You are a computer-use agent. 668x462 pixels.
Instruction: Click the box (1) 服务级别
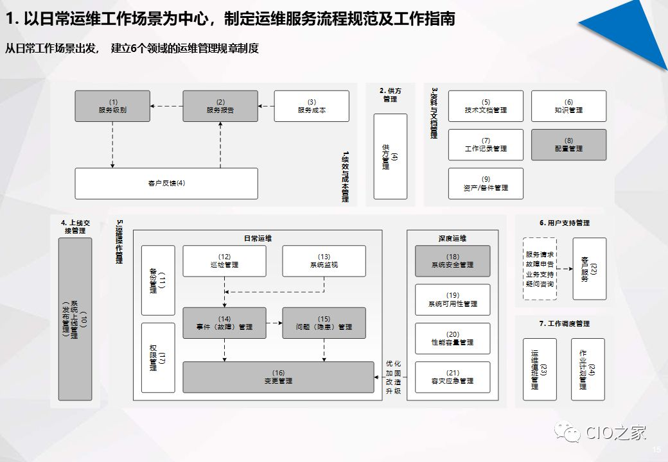pos(112,106)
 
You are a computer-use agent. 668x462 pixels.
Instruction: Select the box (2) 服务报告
pos(220,106)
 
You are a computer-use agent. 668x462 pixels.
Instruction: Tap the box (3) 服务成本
pos(312,106)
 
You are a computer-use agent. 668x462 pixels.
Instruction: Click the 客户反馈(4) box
pos(166,184)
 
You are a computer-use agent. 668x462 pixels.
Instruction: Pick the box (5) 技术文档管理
pos(486,106)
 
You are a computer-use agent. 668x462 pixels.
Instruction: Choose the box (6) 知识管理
pos(568,106)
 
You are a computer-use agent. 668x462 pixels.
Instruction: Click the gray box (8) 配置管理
pos(568,144)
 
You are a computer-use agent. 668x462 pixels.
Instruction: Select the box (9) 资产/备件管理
pos(486,184)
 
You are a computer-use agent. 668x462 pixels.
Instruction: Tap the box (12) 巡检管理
pos(224,261)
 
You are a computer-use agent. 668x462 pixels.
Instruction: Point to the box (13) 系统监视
pos(324,261)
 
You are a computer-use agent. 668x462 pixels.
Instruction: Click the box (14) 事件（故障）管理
pos(224,323)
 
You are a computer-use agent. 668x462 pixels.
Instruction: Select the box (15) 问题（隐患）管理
pos(324,323)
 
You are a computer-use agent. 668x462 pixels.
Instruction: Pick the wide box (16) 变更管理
pos(278,377)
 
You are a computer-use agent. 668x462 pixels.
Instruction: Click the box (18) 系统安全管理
pos(452,261)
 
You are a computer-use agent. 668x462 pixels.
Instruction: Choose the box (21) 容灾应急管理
pos(452,377)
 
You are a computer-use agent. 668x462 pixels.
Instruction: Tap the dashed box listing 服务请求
pos(539,269)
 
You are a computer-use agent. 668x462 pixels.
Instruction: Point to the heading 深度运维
pos(452,238)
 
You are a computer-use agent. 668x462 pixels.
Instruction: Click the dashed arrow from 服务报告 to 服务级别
pos(166,106)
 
